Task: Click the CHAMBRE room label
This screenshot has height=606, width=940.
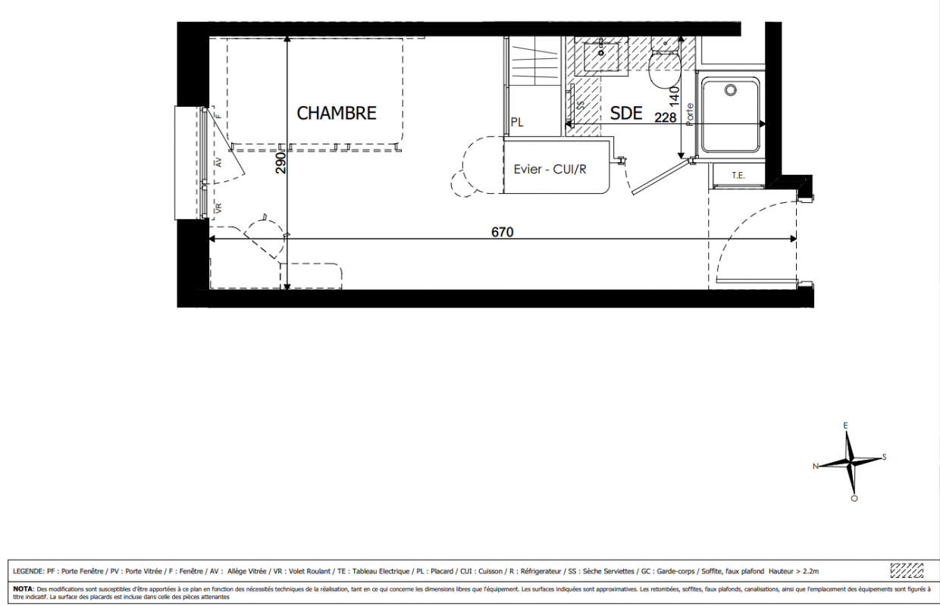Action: (337, 113)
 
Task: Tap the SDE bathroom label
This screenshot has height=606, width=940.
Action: (626, 113)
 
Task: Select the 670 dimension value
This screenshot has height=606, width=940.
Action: (503, 232)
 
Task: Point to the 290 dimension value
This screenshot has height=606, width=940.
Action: (280, 163)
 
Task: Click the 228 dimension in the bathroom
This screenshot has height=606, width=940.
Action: (665, 117)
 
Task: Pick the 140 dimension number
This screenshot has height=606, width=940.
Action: (674, 96)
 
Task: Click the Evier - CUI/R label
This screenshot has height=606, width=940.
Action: (550, 169)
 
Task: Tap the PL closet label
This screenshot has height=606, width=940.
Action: (517, 123)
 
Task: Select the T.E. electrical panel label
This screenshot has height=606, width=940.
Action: (738, 176)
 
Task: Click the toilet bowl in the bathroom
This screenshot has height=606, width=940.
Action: (665, 69)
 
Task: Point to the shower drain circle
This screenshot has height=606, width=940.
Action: (731, 89)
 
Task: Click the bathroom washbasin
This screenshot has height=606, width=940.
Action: (601, 57)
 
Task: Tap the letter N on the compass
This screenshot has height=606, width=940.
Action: (816, 467)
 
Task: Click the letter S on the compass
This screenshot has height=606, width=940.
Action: (884, 457)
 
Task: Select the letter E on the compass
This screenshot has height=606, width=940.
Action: (845, 426)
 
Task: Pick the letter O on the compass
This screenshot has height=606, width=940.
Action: (854, 498)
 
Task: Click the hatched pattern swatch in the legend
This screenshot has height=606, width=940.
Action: (907, 570)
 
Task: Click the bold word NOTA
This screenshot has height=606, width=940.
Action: (23, 589)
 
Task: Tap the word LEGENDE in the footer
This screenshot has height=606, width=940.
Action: (28, 571)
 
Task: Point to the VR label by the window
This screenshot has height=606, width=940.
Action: (218, 208)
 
